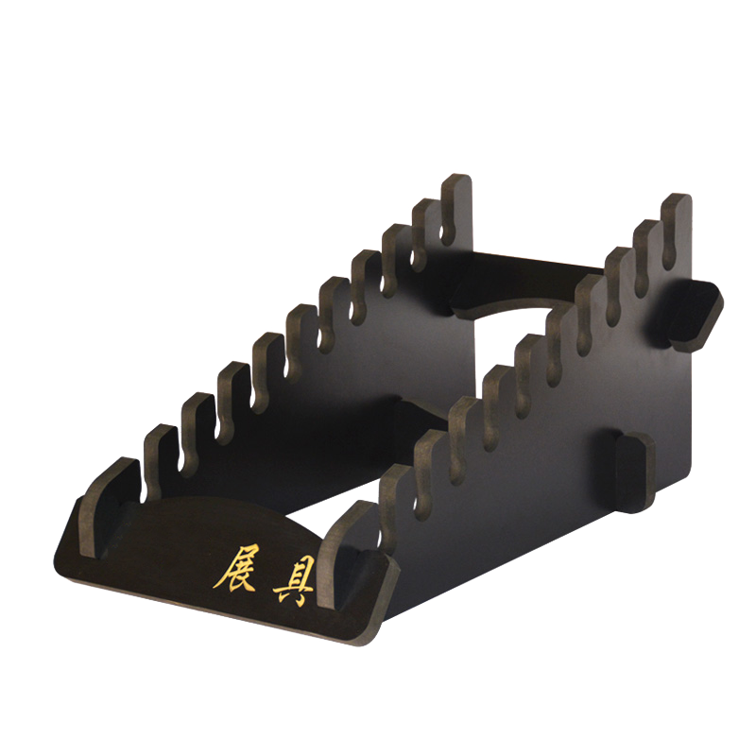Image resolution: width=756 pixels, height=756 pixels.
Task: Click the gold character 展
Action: pyautogui.click(x=235, y=569)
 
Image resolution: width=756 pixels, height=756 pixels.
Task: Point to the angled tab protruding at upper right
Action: pyautogui.click(x=696, y=315)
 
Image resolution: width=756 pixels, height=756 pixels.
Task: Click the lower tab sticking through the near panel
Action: pyautogui.click(x=634, y=472)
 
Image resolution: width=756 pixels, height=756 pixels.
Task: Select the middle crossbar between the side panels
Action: pyautogui.click(x=421, y=416)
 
